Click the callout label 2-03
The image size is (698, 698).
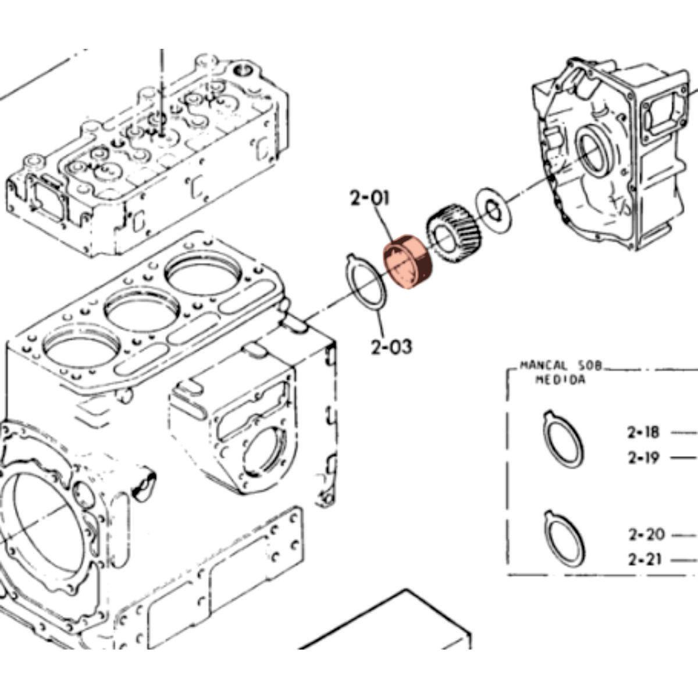tap(391, 347)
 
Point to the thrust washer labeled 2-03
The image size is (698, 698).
tap(365, 282)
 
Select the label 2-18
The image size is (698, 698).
tap(643, 432)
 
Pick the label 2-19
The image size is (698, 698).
tap(643, 458)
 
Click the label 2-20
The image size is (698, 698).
tap(646, 533)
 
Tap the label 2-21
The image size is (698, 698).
tap(646, 560)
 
